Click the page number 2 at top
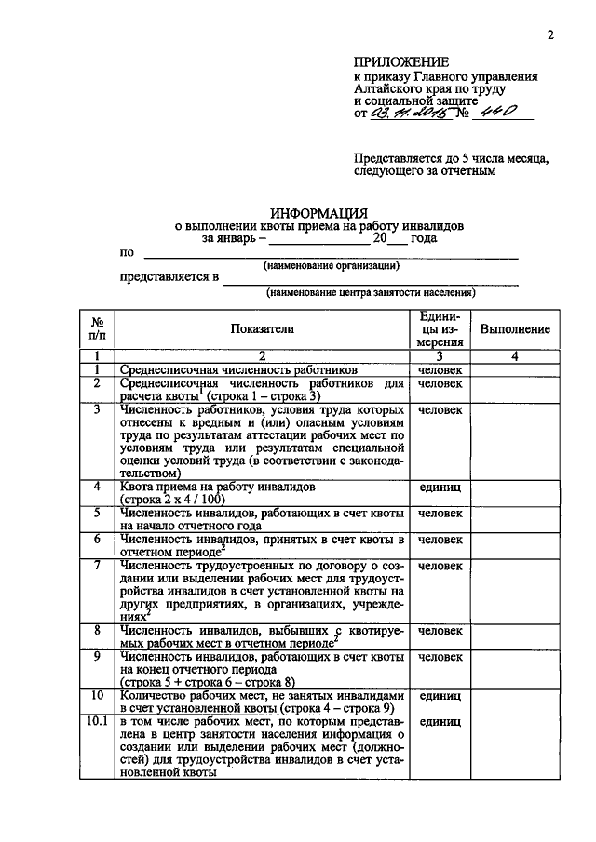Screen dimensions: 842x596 pyautogui.click(x=550, y=36)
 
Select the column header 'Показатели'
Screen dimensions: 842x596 pyautogui.click(x=263, y=328)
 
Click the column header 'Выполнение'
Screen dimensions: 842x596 pyautogui.click(x=515, y=329)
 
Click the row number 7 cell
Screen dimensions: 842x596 pyautogui.click(x=97, y=565)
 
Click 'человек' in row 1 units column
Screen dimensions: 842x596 pyautogui.click(x=440, y=370)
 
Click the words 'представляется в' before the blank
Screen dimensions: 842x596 pyautogui.click(x=169, y=276)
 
